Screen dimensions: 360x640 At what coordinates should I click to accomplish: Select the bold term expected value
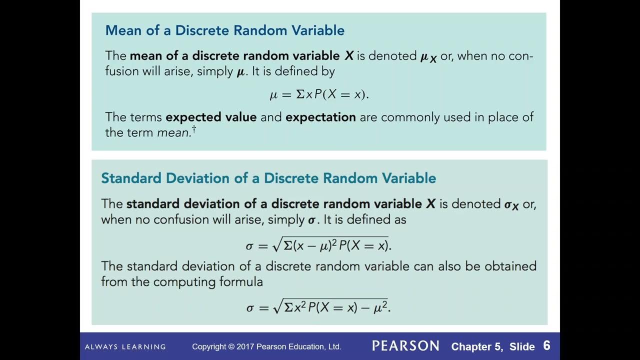click(x=211, y=117)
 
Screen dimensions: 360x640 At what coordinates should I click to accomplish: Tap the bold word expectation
click(x=320, y=117)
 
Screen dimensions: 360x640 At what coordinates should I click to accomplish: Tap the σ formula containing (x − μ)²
click(x=318, y=245)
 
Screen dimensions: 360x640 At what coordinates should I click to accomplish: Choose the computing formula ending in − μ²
click(x=318, y=307)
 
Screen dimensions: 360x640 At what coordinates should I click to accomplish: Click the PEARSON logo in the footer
click(x=405, y=346)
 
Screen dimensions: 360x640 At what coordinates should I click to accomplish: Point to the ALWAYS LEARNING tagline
click(x=125, y=346)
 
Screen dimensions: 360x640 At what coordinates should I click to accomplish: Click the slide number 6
click(x=546, y=346)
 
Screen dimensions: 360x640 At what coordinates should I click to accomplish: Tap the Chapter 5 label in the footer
click(x=477, y=346)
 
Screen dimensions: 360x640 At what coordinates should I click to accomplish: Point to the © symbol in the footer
click(x=231, y=346)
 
